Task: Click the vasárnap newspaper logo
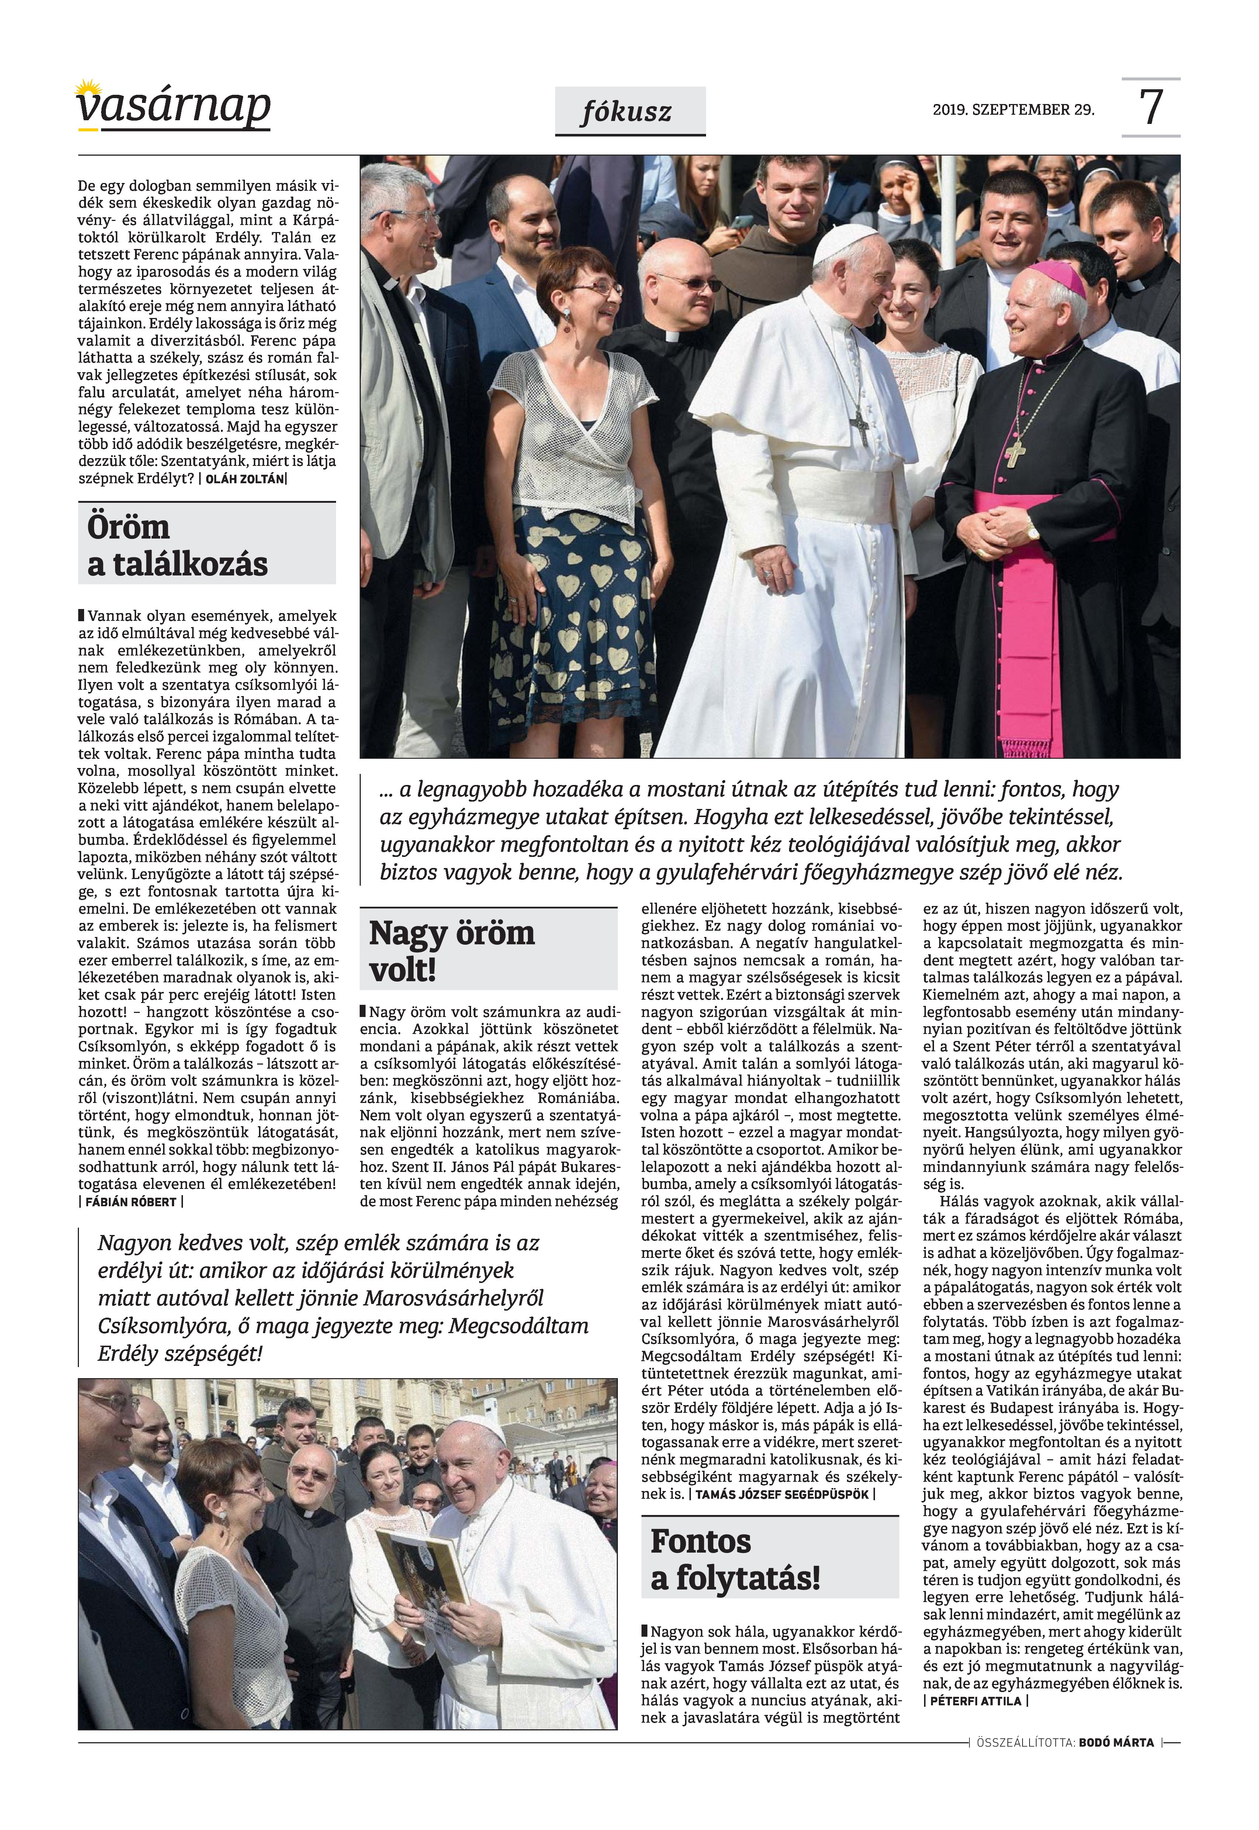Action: tap(173, 107)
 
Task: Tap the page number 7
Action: tap(1151, 107)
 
